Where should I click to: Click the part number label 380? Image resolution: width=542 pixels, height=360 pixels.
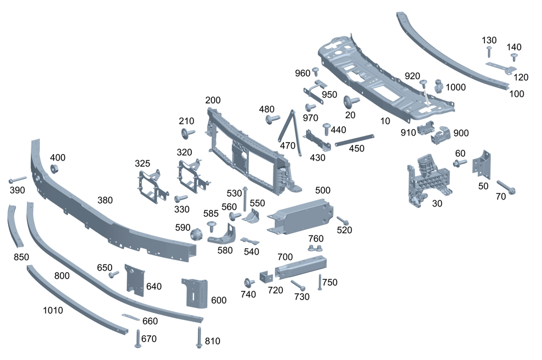pos(105,200)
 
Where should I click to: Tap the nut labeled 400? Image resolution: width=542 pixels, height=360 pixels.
pos(55,168)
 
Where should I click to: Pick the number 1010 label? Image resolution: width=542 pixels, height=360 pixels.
pos(53,311)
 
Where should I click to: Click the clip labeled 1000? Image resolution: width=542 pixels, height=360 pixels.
pos(439,86)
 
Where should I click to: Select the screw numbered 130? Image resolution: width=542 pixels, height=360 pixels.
pos(488,52)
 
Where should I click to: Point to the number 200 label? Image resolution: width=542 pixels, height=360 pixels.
pos(213,101)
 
